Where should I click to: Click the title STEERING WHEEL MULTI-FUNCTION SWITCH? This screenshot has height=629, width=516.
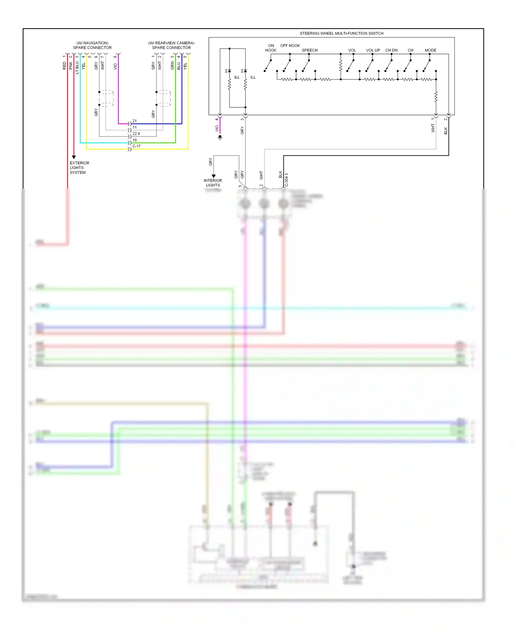pos(341,33)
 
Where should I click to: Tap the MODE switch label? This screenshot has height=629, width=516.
pos(430,50)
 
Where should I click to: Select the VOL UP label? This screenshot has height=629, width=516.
pos(373,50)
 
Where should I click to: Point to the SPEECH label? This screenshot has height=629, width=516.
pos(310,50)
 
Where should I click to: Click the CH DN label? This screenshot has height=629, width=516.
pos(391,50)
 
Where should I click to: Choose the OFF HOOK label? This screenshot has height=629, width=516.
pos(290,45)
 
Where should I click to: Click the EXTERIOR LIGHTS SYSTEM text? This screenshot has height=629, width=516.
pos(79,168)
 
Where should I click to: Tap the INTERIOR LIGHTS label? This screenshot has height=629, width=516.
pos(213,183)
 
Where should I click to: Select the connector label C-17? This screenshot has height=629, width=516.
pos(137,146)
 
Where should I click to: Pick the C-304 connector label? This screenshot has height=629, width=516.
pos(287,180)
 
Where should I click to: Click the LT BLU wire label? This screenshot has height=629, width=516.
pos(77,67)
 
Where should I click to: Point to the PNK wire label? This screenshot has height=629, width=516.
pos(71,66)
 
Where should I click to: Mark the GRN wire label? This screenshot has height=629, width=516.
pos(172,66)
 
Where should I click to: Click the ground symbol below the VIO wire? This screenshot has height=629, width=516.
pos(220,137)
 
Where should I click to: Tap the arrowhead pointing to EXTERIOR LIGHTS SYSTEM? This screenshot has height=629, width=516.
pos(74,157)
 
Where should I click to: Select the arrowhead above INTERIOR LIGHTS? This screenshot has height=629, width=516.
pos(214,176)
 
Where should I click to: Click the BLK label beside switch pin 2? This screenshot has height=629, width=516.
pos(446,131)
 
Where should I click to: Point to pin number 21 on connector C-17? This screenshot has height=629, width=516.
pos(135,121)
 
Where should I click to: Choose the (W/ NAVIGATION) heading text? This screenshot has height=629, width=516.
pos(92,43)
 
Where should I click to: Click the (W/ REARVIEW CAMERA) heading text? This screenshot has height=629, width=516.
pos(171,43)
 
